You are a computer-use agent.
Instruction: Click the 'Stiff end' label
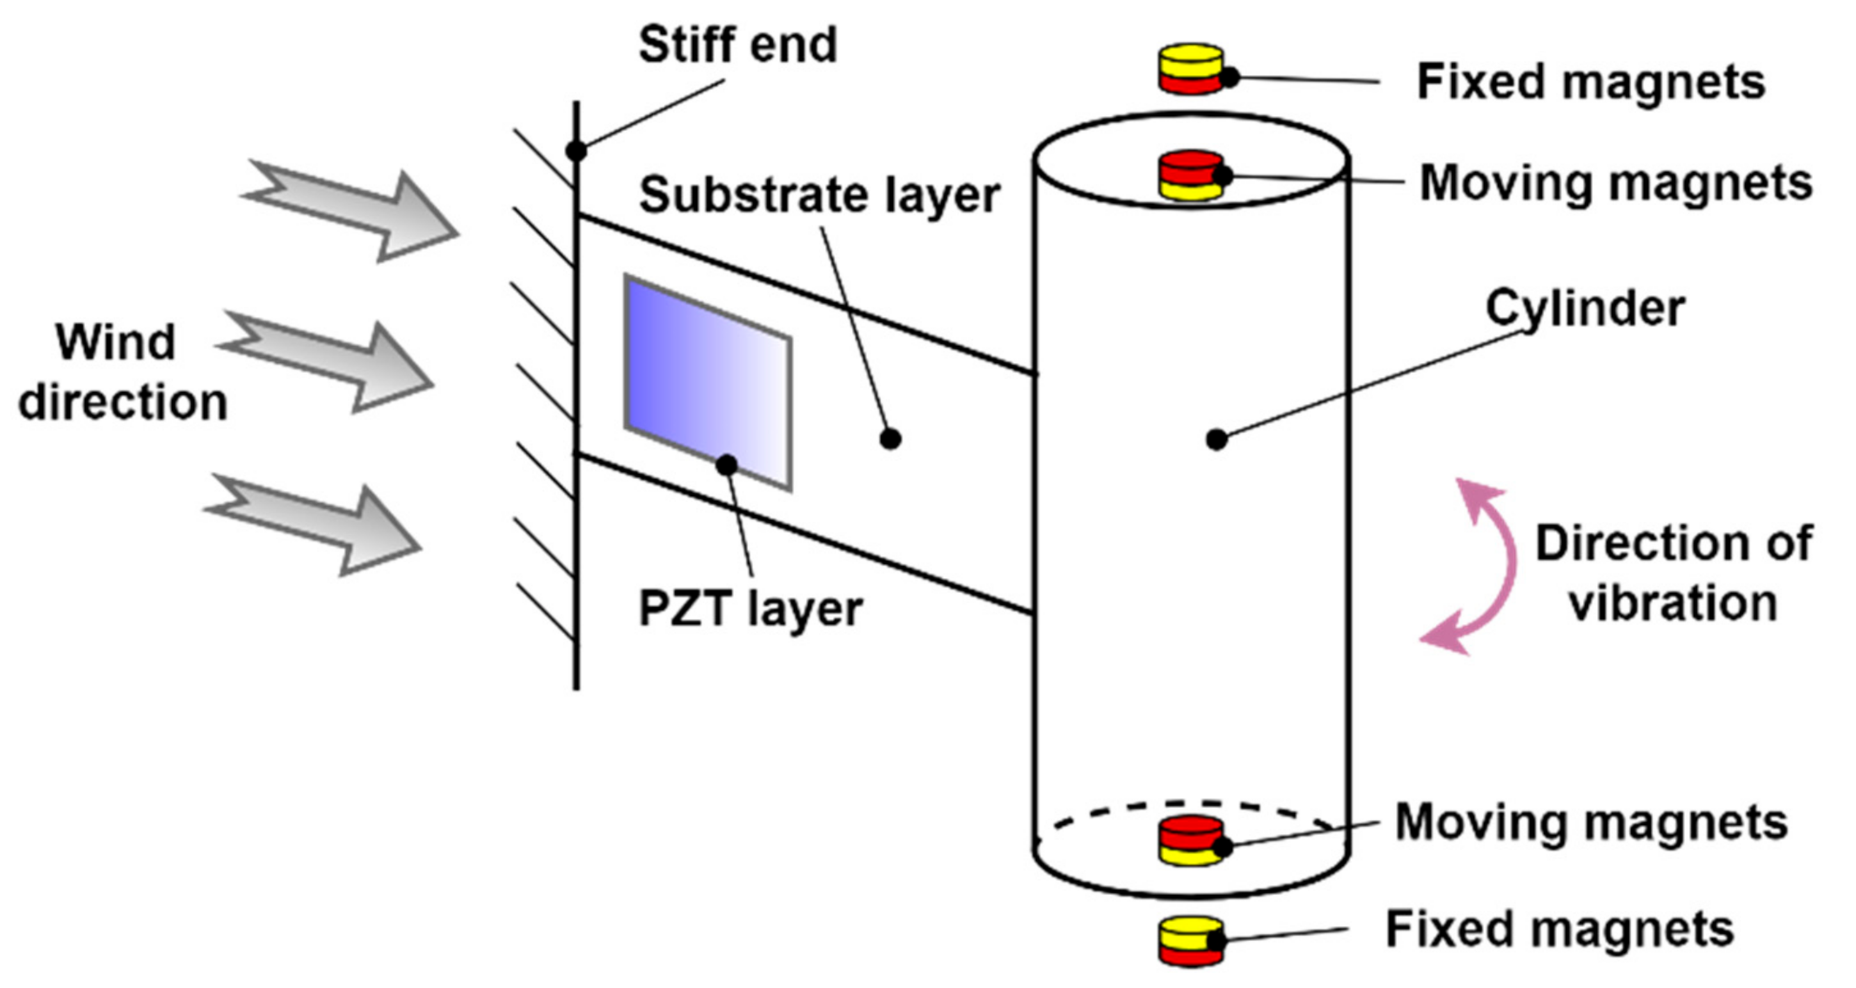[737, 45]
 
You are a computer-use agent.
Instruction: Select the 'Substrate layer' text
[819, 195]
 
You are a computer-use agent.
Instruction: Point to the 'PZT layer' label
[750, 609]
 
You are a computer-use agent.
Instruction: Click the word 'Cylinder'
[1585, 308]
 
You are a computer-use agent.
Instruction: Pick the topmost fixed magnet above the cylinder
[1190, 70]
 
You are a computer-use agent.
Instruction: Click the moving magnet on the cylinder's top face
[1190, 175]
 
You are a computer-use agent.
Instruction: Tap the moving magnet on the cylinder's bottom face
[1190, 840]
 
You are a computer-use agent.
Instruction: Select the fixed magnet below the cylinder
[1190, 941]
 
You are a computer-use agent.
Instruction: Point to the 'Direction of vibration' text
[1673, 573]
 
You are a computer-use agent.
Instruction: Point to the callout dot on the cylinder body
[1216, 439]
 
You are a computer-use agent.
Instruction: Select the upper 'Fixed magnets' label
[1591, 82]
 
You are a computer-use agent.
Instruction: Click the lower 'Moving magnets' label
[1591, 822]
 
